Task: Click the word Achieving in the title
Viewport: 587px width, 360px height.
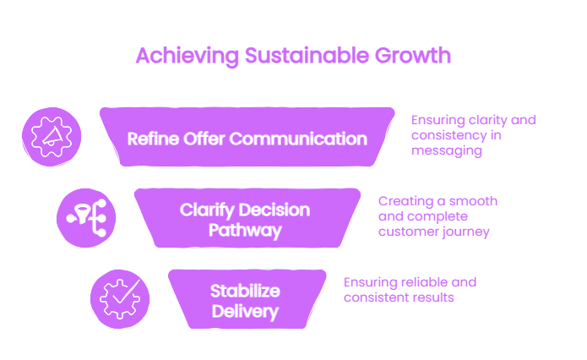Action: [188, 56]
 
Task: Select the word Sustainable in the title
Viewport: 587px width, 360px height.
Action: [307, 56]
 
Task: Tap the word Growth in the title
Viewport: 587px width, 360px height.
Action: [413, 56]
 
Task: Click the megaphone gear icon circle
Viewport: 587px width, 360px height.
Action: [52, 137]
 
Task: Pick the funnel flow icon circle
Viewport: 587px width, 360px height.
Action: [86, 218]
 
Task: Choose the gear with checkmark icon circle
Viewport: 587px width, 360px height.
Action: [120, 299]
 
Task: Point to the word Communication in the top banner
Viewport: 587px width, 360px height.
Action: [298, 139]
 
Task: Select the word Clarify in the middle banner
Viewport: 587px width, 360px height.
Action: [207, 210]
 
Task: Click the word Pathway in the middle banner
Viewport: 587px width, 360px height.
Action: [245, 231]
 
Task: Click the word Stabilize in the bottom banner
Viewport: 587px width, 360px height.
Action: [245, 291]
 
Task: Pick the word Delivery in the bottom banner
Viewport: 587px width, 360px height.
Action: [245, 312]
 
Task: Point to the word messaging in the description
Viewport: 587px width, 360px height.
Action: [447, 151]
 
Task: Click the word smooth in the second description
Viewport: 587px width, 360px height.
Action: [473, 201]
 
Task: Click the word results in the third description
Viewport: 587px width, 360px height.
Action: [435, 297]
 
